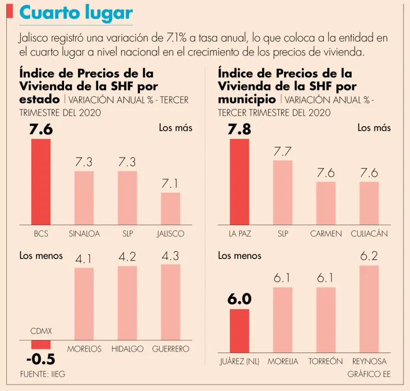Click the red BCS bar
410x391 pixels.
point(41,182)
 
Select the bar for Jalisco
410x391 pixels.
point(171,208)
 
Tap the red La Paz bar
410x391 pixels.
point(240,182)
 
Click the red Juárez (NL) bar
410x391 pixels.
point(240,331)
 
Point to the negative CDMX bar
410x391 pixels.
point(41,345)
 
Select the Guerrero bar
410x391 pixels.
point(171,302)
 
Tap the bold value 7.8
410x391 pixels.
point(239,130)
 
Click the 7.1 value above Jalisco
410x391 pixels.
point(170,184)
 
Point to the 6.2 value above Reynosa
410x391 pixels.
point(369,256)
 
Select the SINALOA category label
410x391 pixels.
point(84,234)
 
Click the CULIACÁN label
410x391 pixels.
point(369,234)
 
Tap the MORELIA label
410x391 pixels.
point(283,362)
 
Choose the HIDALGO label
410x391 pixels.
point(128,349)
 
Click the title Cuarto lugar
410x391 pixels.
point(76,13)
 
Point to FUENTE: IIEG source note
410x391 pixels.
point(43,374)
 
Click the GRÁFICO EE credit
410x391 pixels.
point(369,374)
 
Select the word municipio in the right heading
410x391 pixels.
point(247,99)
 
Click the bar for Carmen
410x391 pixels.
point(326,203)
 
